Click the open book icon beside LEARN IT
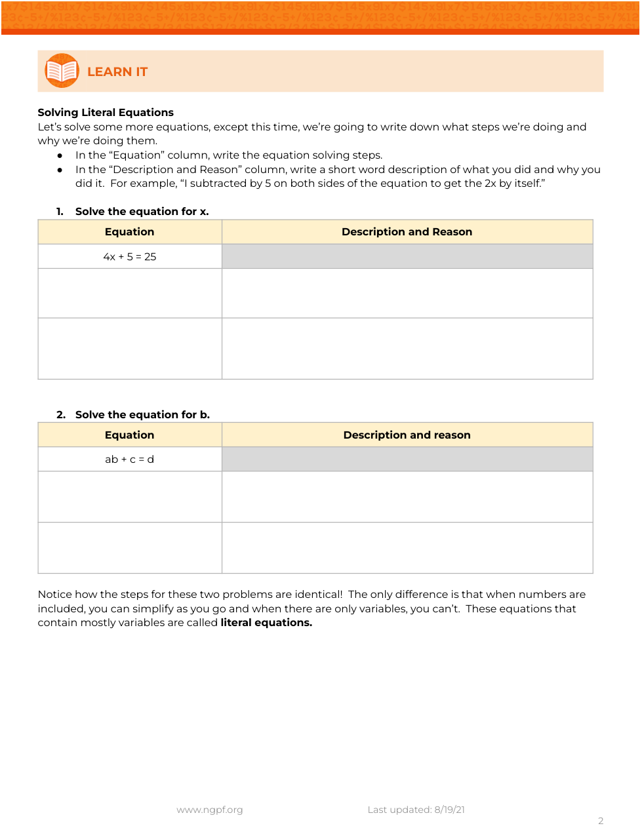(62, 71)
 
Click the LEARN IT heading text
(117, 72)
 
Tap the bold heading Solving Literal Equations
(106, 113)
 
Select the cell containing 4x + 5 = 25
(130, 257)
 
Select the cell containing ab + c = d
(130, 460)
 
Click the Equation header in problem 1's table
(130, 232)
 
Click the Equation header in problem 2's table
(130, 435)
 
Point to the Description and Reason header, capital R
(407, 232)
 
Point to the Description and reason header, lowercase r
(407, 435)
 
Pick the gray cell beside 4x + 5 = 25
(407, 257)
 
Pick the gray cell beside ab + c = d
(407, 460)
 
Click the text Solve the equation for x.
(142, 212)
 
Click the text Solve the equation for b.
(142, 415)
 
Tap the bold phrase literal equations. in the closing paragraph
(266, 623)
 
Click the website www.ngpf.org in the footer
(210, 810)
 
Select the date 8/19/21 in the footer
(449, 810)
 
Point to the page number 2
(601, 821)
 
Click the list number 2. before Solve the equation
(61, 415)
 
